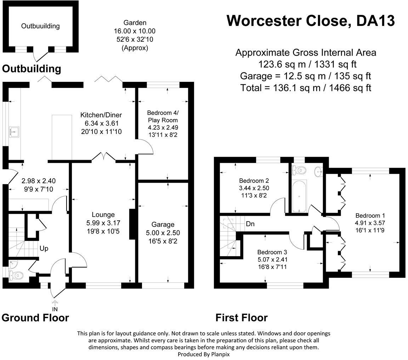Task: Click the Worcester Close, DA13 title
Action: click(x=310, y=21)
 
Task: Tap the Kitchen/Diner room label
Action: click(x=101, y=115)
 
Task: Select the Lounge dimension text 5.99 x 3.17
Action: click(x=103, y=223)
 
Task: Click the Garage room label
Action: click(x=163, y=224)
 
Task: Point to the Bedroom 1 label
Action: click(x=370, y=215)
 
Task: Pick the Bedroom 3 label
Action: click(x=272, y=252)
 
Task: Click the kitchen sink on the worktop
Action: click(x=14, y=131)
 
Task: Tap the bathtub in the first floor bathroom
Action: click(x=299, y=196)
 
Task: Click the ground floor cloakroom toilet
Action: click(x=17, y=275)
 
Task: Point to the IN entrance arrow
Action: click(x=55, y=303)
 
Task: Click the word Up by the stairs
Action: click(x=44, y=248)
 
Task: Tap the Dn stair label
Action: click(x=250, y=224)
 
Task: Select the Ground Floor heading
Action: click(x=35, y=317)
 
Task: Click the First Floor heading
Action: click(x=242, y=317)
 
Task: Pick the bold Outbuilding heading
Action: click(x=32, y=68)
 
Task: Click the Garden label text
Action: click(x=135, y=23)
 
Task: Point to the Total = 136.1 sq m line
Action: click(x=306, y=88)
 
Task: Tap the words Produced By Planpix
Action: click(x=204, y=354)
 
